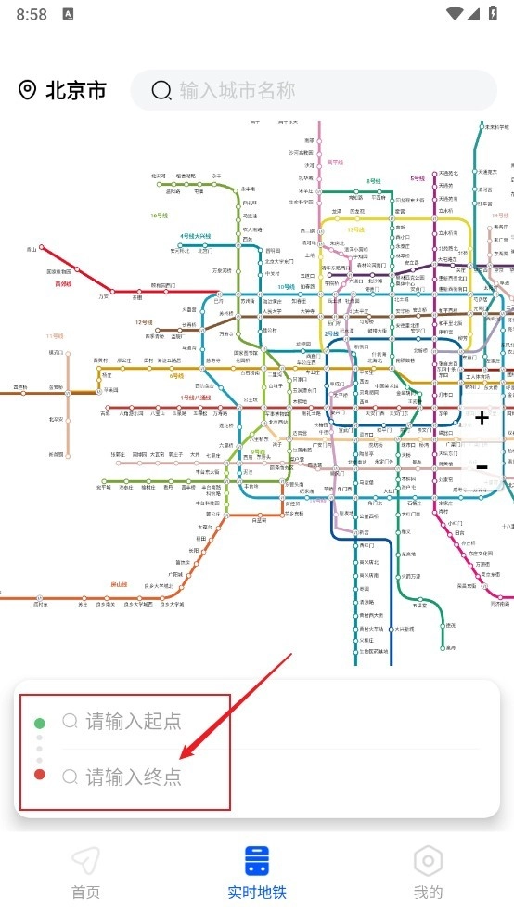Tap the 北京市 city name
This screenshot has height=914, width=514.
coord(76,90)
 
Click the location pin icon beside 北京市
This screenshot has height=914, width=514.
coord(28,90)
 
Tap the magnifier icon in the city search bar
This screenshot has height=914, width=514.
coord(161,90)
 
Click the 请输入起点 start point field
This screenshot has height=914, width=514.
coord(134,721)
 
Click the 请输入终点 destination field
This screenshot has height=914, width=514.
coord(134,777)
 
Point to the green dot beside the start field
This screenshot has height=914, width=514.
coord(40,723)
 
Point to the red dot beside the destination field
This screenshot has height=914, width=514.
coord(40,776)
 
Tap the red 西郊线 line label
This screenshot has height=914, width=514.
coord(63,283)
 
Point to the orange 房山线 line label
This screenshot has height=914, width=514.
coord(118,583)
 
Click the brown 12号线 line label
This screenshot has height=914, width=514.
coord(144,322)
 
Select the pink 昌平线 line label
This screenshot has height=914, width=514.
coord(335,163)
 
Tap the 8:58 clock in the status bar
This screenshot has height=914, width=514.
coord(32,14)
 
